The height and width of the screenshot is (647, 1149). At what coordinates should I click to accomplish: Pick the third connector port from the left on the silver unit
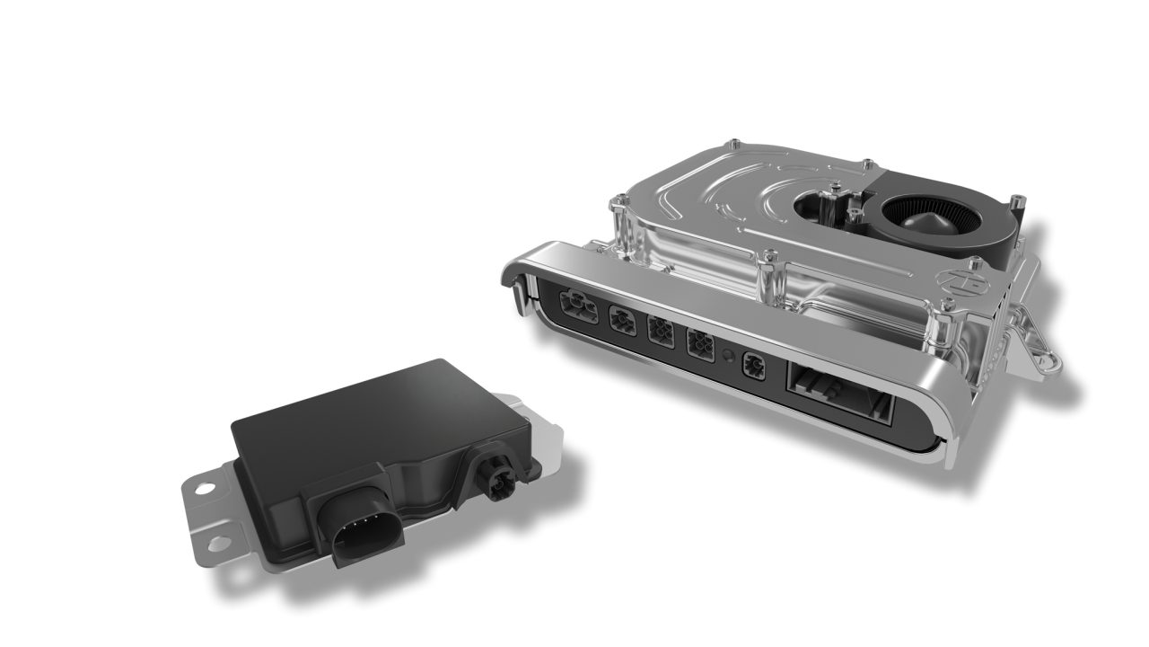click(x=660, y=333)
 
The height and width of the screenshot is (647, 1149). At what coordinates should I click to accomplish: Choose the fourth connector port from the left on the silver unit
click(x=698, y=346)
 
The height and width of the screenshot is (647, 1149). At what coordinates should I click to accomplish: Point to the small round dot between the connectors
click(x=727, y=353)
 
